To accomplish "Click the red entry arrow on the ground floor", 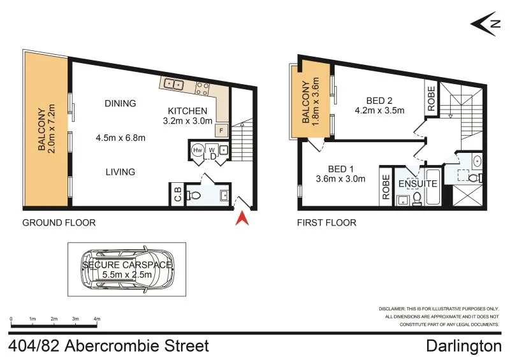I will [242, 219].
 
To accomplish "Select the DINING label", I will [120, 103].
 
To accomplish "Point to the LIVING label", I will [120, 171].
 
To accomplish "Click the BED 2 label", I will [379, 100].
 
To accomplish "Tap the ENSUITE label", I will [418, 184].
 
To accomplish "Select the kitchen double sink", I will [173, 83].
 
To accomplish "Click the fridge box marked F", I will [221, 131].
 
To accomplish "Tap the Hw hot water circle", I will [197, 150].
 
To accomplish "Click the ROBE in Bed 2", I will [431, 99].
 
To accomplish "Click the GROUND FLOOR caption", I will [59, 223].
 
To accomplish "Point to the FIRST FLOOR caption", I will [326, 223].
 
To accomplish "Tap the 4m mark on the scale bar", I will [97, 319].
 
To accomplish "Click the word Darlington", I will [463, 347].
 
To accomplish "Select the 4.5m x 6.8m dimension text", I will [120, 137].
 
